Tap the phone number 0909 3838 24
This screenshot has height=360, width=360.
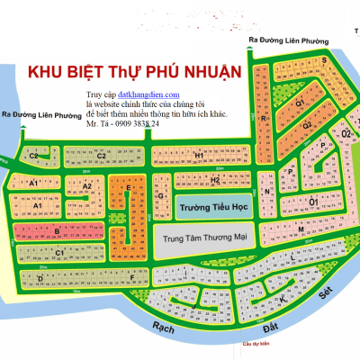point(134,123)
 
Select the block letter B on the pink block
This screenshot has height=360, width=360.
point(56,231)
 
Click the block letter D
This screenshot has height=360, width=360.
point(40,278)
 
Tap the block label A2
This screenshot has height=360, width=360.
point(88,186)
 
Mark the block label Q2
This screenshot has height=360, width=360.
point(306,124)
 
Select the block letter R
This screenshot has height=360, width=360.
point(262,118)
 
